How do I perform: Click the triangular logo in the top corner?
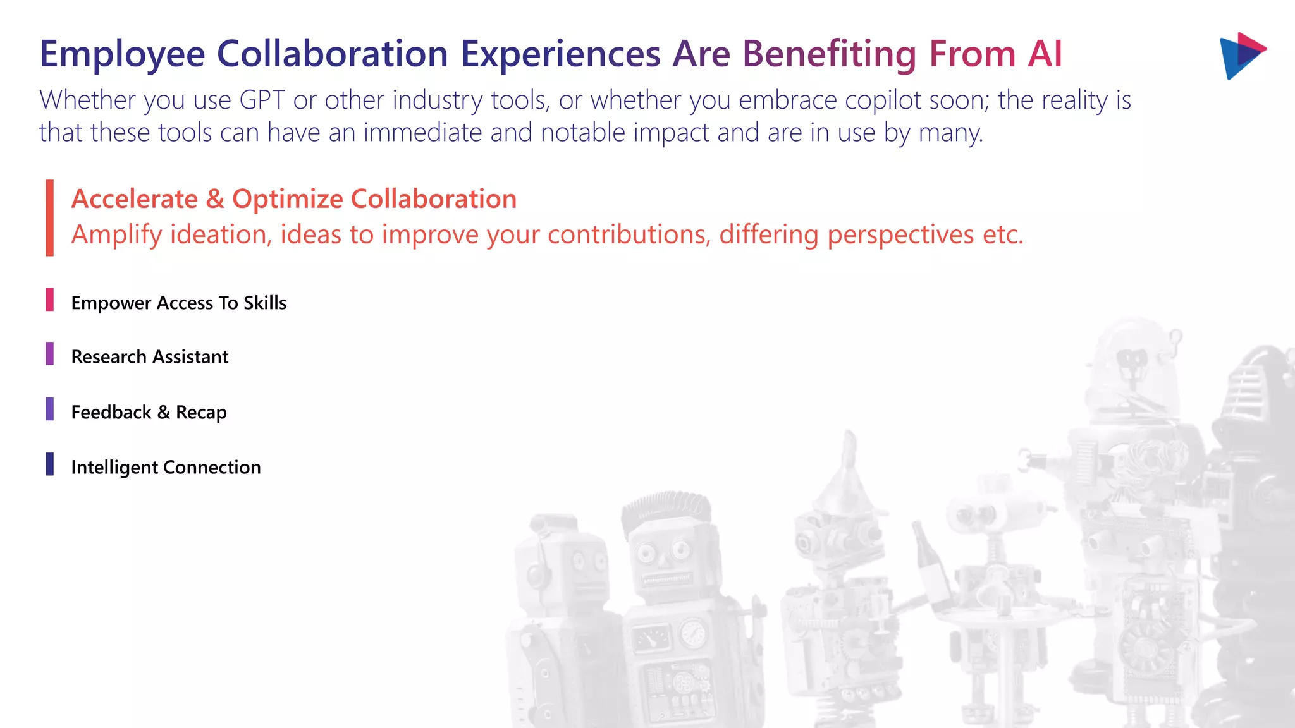click(1241, 55)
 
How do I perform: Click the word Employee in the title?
click(122, 54)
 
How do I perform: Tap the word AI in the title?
click(1045, 54)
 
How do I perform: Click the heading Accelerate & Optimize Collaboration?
click(294, 199)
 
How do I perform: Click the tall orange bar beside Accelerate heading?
click(49, 217)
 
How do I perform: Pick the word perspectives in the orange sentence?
click(900, 235)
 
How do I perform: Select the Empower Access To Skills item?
click(179, 303)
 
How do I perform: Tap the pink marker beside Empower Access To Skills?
click(49, 300)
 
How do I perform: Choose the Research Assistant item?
click(150, 357)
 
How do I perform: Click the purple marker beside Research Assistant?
click(49, 354)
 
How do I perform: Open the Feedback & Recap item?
click(149, 413)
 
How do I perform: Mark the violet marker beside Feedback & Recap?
click(49, 409)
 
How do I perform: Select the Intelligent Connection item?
click(166, 468)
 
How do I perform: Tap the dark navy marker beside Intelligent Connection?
click(49, 464)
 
